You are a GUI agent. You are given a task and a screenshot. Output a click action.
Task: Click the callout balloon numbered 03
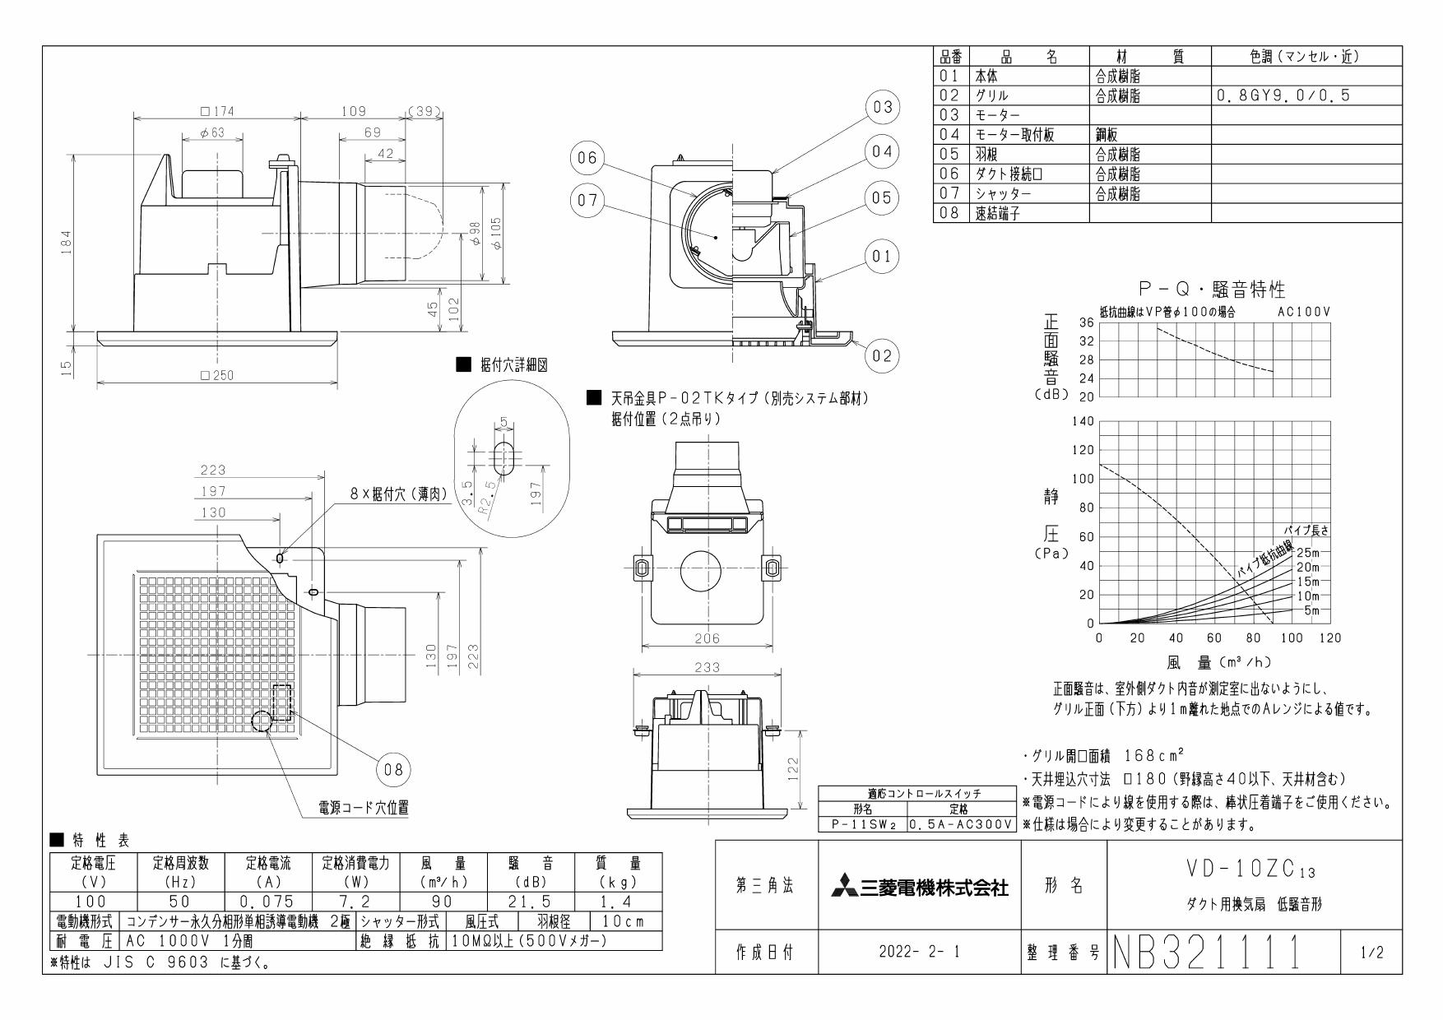tap(883, 107)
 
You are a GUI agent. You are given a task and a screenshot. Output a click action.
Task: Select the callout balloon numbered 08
tap(393, 770)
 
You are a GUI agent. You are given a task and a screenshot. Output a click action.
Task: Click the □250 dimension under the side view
tap(216, 375)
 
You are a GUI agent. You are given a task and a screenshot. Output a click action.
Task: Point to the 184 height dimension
tap(67, 242)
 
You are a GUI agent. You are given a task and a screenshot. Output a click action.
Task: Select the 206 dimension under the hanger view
tap(707, 638)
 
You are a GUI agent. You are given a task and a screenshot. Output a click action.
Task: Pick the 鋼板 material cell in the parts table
tap(1107, 135)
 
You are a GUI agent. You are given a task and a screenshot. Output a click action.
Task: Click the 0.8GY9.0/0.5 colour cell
tap(1283, 95)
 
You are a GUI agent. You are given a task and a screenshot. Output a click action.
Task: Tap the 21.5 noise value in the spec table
tap(530, 902)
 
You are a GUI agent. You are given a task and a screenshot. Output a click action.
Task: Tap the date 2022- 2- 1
tap(919, 953)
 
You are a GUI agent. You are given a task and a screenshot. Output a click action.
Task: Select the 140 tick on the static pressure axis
tap(1083, 421)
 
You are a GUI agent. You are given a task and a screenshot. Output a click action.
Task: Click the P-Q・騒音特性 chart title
tap(1210, 289)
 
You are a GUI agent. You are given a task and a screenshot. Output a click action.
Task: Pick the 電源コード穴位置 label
tap(364, 808)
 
